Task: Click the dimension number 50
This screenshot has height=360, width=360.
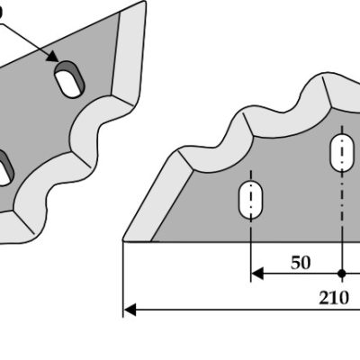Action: (301, 263)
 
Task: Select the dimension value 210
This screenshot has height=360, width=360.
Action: (334, 298)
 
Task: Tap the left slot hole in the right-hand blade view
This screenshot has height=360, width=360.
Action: (251, 199)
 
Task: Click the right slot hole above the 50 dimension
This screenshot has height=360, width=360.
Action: (342, 153)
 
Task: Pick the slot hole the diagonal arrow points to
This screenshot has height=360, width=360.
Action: (69, 79)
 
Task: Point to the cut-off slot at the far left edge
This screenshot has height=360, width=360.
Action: (4, 167)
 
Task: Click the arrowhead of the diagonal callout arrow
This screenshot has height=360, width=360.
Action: (52, 56)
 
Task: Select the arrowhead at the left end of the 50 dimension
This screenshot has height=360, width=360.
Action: (256, 274)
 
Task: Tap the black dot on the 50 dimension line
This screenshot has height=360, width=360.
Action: (342, 274)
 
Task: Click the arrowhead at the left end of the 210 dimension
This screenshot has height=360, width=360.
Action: (130, 310)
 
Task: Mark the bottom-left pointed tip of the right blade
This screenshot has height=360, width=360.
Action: (123, 240)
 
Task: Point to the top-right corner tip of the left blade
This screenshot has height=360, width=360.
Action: (144, 2)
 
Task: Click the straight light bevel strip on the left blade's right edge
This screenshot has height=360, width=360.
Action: (129, 56)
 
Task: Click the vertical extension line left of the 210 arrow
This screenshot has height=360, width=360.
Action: (123, 278)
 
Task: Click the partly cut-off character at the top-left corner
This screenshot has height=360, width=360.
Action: (1, 12)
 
